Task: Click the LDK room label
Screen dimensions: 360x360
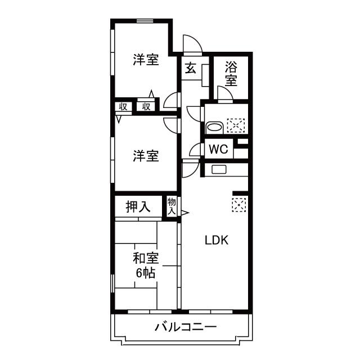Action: coord(215,240)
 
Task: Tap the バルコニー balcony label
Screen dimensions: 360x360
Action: coord(185,327)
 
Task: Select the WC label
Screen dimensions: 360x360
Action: coord(218,150)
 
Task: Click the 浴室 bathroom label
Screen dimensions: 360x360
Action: coord(231,73)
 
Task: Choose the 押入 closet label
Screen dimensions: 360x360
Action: coord(138,207)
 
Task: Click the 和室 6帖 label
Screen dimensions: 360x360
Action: coord(146,265)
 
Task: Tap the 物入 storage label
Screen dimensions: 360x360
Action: coord(172,206)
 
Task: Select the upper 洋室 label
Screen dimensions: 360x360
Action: coord(146,59)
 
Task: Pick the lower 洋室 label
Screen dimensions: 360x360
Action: coord(146,156)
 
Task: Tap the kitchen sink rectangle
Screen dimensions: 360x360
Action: coord(218,169)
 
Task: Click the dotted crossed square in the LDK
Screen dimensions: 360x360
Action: coord(239,204)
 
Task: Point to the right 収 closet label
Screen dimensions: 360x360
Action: coord(146,106)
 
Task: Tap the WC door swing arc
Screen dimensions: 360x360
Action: coord(196,149)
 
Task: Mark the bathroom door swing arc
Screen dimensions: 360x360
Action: coord(225,93)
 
